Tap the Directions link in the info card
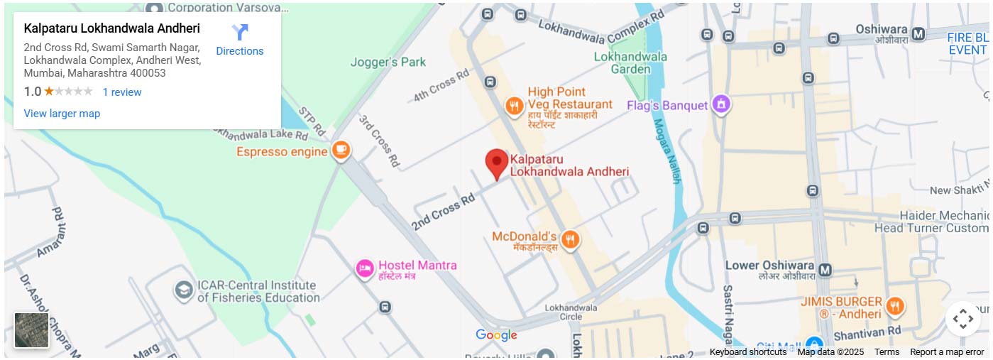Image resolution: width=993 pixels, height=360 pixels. click(240, 40)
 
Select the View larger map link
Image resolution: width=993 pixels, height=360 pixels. click(62, 114)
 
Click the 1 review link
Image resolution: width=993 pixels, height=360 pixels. click(121, 92)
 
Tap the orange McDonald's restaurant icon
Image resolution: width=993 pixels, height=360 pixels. click(569, 240)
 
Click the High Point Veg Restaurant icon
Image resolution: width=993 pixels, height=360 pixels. click(515, 107)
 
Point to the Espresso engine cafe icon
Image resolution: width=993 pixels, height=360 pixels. click(341, 151)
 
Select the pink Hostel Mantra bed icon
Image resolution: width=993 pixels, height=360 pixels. click(365, 268)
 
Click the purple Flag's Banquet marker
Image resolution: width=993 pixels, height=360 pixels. click(721, 105)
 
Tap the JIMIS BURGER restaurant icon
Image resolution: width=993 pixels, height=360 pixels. click(896, 306)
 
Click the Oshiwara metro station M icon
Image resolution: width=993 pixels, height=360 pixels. click(918, 33)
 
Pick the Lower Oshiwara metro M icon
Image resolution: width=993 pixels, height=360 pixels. click(825, 270)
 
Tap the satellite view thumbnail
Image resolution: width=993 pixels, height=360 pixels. click(32, 330)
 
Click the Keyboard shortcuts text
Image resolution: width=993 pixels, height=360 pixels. click(747, 352)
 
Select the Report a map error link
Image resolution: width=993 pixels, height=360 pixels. click(947, 352)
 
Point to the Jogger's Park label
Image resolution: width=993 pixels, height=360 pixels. click(388, 62)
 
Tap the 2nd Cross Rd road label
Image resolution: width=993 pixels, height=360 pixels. click(443, 212)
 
